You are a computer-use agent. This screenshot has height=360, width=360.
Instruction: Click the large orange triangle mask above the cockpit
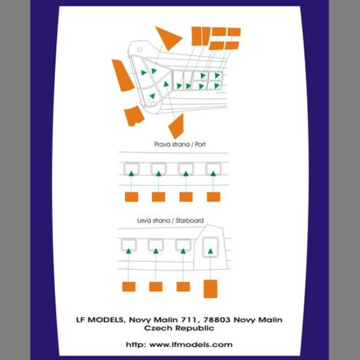[x=168, y=37]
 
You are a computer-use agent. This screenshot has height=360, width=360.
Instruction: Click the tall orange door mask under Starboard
[x=210, y=289]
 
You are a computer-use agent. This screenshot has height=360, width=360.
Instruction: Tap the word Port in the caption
[x=200, y=145]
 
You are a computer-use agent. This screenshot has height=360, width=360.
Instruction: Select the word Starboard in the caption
[x=189, y=221]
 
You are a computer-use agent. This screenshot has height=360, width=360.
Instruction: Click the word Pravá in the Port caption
[x=161, y=145]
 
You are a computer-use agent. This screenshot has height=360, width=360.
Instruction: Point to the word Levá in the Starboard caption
[x=144, y=221]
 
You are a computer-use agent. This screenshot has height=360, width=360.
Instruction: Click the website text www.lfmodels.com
[x=190, y=344]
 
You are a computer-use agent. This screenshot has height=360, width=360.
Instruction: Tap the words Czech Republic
[x=179, y=328]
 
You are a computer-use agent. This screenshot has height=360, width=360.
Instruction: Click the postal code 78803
[x=217, y=319]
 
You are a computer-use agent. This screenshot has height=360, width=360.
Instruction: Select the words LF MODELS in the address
[x=99, y=319]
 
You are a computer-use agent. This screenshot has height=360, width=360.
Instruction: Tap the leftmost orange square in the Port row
[x=132, y=197]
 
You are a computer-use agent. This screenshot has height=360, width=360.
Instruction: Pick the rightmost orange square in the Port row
[x=213, y=197]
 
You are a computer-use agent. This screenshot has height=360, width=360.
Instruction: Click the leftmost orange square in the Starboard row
[x=129, y=287]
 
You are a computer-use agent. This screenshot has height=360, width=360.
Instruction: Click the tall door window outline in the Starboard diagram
[x=210, y=238]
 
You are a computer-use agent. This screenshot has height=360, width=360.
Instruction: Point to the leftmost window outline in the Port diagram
[x=132, y=164]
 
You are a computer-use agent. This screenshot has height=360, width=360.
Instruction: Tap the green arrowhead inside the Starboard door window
[x=210, y=251]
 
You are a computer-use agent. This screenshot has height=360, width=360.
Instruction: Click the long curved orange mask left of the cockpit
[x=122, y=75]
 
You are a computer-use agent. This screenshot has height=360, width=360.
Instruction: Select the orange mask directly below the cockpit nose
[x=134, y=116]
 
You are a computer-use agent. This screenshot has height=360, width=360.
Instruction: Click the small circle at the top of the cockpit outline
[x=139, y=50]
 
